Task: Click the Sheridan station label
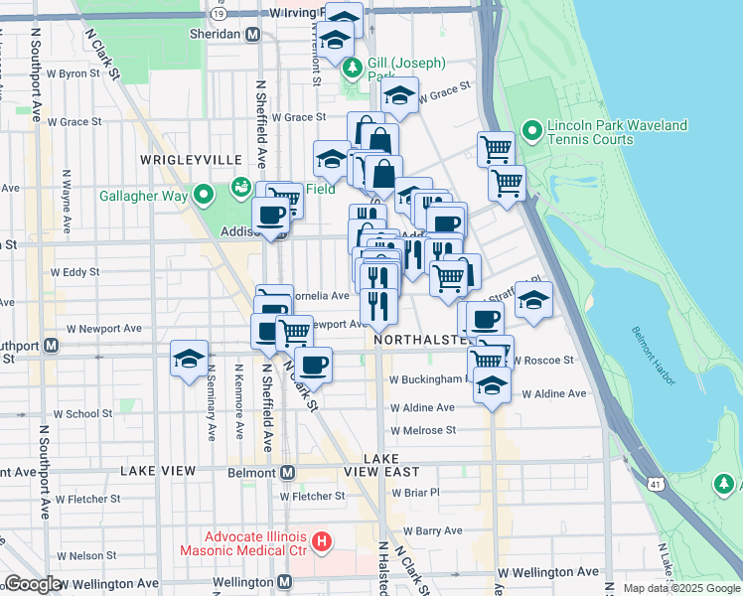point(216,34)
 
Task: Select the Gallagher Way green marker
point(205,195)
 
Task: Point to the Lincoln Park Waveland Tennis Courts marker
point(532,130)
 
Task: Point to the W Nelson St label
point(88,555)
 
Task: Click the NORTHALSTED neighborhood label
point(421,340)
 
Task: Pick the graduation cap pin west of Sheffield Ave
point(188,360)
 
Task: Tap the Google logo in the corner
point(33,584)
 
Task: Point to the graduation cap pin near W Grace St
point(399,95)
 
